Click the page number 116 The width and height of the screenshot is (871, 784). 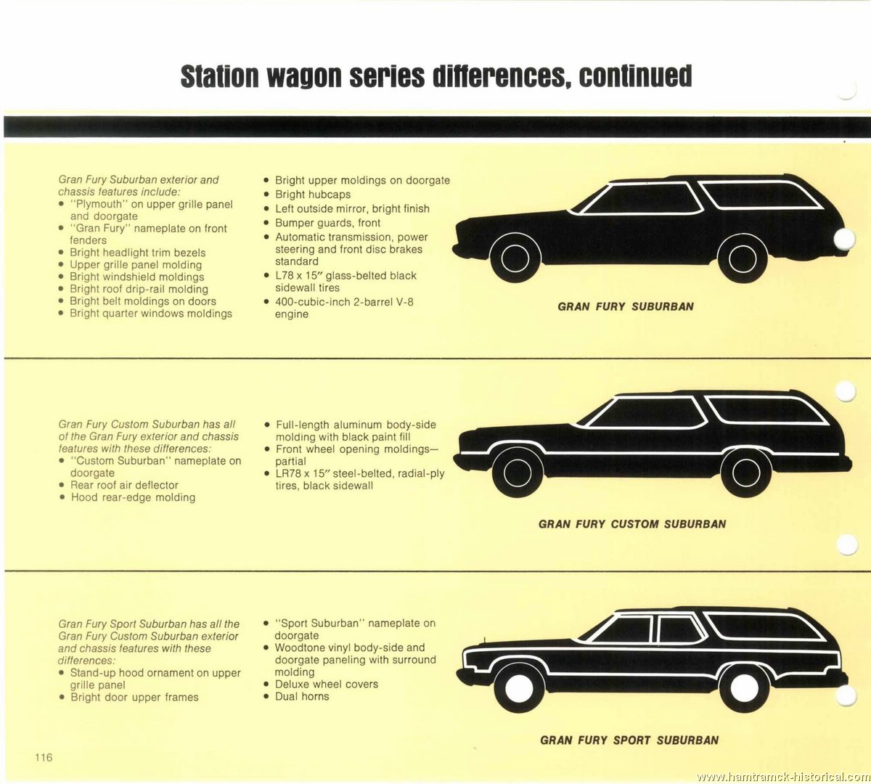click(44, 757)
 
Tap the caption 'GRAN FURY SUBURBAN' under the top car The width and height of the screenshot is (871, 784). click(626, 306)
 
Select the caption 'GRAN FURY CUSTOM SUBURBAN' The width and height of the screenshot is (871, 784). click(632, 524)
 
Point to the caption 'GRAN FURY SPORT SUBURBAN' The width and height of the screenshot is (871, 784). click(629, 740)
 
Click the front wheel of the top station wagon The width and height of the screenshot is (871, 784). click(515, 258)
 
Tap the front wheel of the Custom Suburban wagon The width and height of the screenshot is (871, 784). click(518, 473)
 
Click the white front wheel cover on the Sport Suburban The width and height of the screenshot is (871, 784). click(519, 688)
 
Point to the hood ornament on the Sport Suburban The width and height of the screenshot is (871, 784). click(483, 641)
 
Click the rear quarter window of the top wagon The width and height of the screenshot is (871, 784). click(762, 195)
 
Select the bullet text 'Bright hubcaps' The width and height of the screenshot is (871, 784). click(313, 195)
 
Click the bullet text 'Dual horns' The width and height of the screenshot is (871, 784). click(302, 696)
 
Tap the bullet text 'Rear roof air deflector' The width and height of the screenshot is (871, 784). click(124, 485)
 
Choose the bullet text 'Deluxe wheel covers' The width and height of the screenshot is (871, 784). click(327, 684)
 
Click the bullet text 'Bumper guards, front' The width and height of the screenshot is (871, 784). click(328, 223)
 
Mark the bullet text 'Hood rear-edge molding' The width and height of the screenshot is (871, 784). click(134, 497)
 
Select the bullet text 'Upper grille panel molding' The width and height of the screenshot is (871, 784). click(136, 264)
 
